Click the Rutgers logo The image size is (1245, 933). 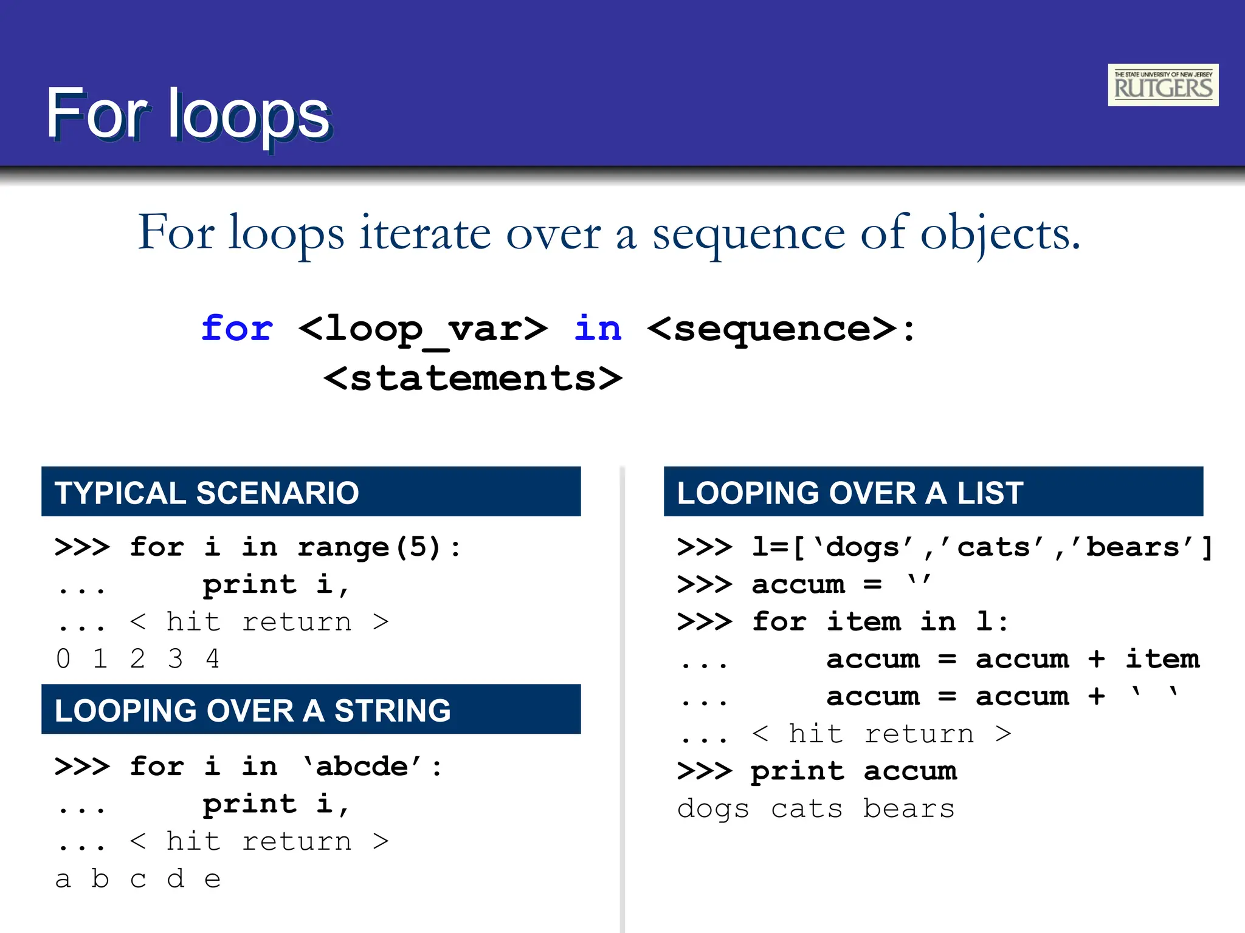tap(1162, 85)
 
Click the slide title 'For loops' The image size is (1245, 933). tap(188, 114)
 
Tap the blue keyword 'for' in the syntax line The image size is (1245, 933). tap(237, 329)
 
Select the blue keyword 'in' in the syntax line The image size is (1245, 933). tap(598, 329)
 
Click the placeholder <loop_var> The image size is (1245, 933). tap(423, 330)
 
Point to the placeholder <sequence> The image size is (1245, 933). tap(772, 329)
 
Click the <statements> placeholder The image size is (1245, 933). tap(473, 378)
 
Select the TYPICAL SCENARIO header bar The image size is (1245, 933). tap(311, 492)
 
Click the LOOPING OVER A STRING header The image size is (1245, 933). tap(311, 709)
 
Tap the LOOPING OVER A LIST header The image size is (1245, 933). tap(933, 492)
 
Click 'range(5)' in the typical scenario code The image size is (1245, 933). tap(369, 547)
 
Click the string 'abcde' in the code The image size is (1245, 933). tap(362, 767)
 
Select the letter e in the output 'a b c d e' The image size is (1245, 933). tap(212, 879)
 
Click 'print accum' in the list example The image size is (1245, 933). tap(853, 771)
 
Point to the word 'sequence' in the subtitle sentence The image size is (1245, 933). tap(749, 234)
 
